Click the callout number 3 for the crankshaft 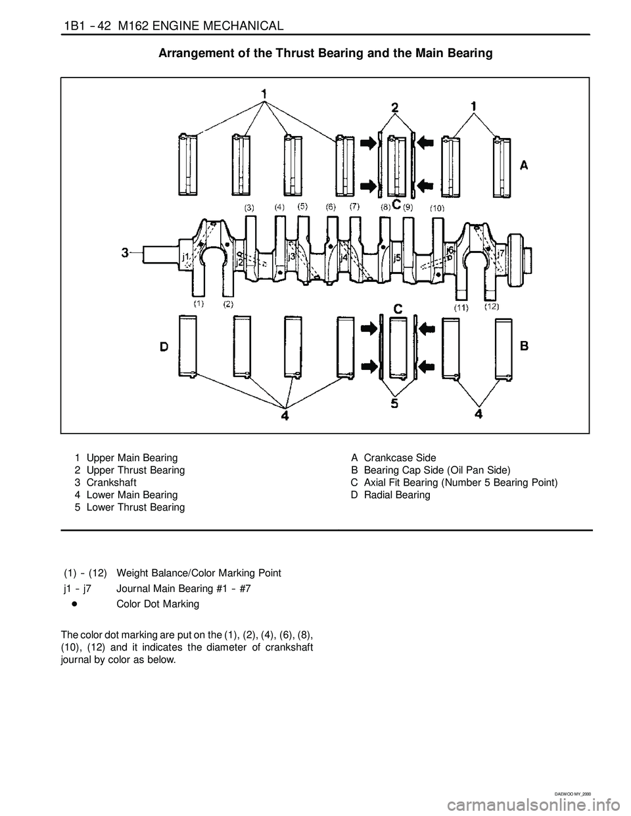pyautogui.click(x=126, y=252)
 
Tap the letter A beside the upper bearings pyautogui.click(x=524, y=167)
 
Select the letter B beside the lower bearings pyautogui.click(x=524, y=346)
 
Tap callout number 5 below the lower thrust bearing pyautogui.click(x=394, y=403)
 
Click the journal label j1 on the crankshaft pyautogui.click(x=186, y=257)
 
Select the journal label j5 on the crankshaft pyautogui.click(x=397, y=259)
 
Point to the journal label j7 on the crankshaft pyautogui.click(x=501, y=253)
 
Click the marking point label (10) pyautogui.click(x=438, y=208)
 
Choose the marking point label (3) pyautogui.click(x=250, y=207)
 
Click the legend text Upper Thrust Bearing pyautogui.click(x=135, y=470)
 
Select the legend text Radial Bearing pyautogui.click(x=397, y=495)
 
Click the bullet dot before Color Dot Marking pyautogui.click(x=76, y=603)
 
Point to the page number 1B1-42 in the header pyautogui.click(x=85, y=26)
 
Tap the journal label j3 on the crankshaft pyautogui.click(x=292, y=258)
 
